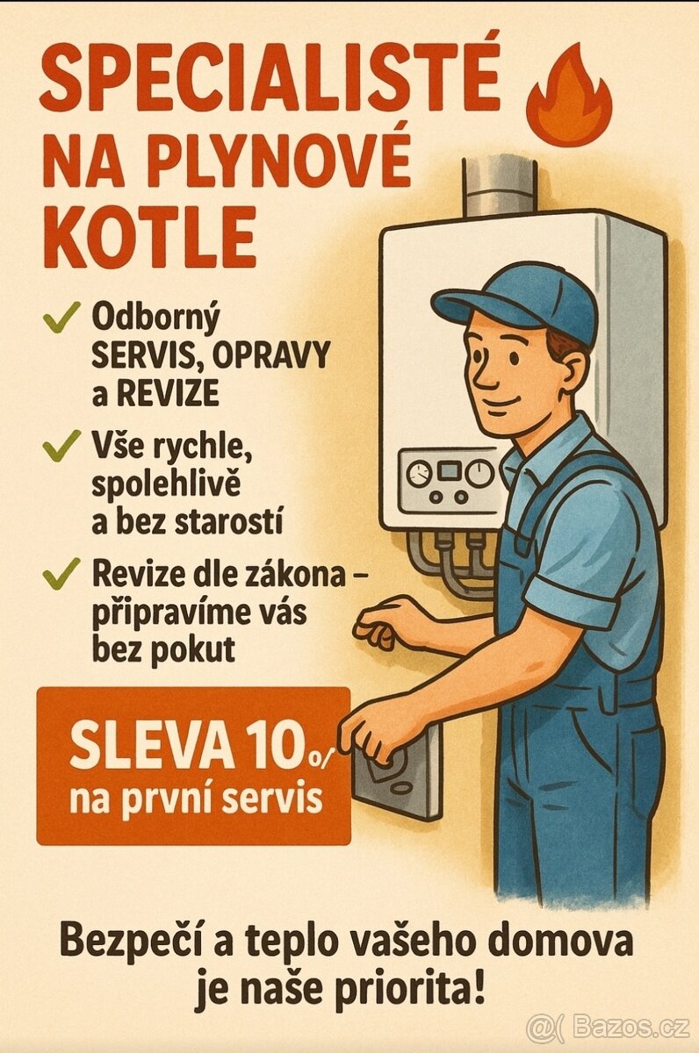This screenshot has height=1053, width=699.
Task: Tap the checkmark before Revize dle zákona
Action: [59, 575]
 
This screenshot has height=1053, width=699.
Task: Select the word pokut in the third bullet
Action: [194, 649]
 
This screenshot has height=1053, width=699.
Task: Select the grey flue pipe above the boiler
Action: [499, 184]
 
